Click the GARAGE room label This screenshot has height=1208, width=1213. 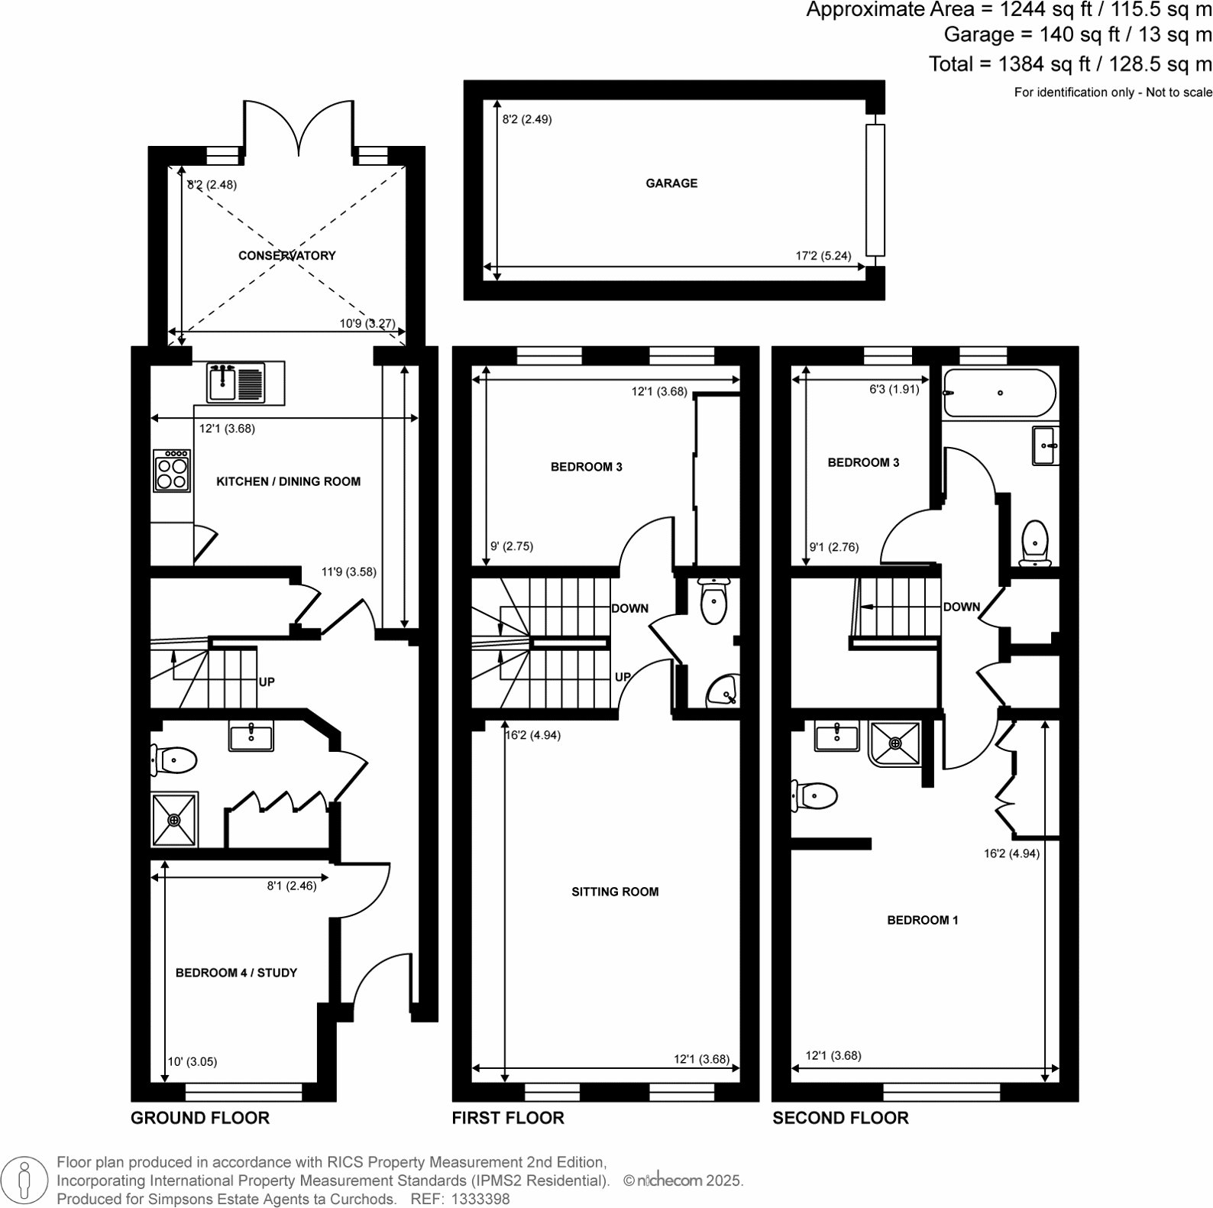coord(671,183)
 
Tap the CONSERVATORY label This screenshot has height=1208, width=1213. coord(286,255)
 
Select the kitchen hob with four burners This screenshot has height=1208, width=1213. coord(172,471)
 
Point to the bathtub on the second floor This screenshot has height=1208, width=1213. coord(999,393)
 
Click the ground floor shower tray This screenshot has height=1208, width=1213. coord(175,820)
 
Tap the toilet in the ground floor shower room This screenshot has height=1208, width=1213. coord(175,760)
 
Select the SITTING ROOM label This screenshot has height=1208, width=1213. coord(615,892)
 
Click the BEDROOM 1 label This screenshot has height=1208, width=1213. coord(922,920)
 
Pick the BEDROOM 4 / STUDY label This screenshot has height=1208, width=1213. coord(236,973)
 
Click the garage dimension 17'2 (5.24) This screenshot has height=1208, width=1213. coord(823,256)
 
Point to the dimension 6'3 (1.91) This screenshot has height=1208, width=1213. coord(894,389)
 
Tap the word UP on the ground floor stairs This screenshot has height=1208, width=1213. coord(267,682)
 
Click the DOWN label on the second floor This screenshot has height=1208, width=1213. coord(961,607)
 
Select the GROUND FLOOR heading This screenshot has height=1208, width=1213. coord(200,1118)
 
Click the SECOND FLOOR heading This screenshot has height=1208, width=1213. coord(840,1118)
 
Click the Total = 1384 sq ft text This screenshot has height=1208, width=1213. coord(1069,64)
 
